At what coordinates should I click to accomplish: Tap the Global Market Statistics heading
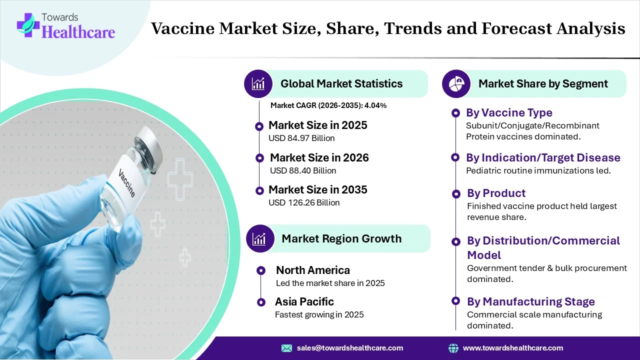[x=341, y=83]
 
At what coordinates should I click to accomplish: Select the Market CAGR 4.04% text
[x=328, y=105]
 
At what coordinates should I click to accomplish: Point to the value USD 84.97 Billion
[x=301, y=138]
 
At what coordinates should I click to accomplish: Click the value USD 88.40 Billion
[x=303, y=170]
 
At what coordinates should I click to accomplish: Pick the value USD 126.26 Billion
[x=304, y=202]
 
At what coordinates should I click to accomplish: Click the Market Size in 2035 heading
[x=317, y=189]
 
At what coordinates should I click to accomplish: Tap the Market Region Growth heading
[x=341, y=238]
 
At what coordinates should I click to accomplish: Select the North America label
[x=313, y=270]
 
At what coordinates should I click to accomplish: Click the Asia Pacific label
[x=304, y=301]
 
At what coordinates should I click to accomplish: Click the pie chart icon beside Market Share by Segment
[x=456, y=83]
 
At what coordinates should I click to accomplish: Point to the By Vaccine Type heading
[x=509, y=112]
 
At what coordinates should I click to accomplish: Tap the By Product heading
[x=496, y=193]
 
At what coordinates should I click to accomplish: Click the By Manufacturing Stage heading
[x=530, y=301]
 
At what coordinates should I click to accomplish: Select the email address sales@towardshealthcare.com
[x=349, y=348]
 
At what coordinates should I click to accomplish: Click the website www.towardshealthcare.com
[x=512, y=348]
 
